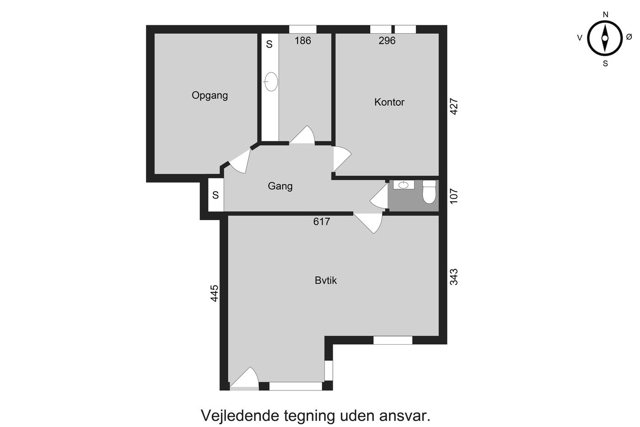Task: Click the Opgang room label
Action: (x=210, y=96)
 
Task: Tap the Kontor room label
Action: (x=389, y=102)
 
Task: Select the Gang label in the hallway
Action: (x=280, y=186)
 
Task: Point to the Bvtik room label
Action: (x=325, y=280)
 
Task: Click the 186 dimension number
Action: (x=303, y=41)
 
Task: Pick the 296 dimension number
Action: (x=387, y=41)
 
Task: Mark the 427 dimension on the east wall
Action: (x=453, y=107)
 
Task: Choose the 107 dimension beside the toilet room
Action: (x=453, y=196)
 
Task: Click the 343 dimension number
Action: (x=453, y=277)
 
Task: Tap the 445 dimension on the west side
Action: (x=214, y=293)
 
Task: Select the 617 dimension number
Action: (x=321, y=222)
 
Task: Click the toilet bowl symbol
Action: (x=429, y=192)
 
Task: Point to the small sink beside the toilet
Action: (x=403, y=185)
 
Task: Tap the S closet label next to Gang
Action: (x=215, y=195)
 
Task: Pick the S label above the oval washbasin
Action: (x=269, y=44)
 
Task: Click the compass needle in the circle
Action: (x=604, y=38)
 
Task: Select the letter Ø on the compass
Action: (x=629, y=37)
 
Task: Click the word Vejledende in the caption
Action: (x=240, y=416)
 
